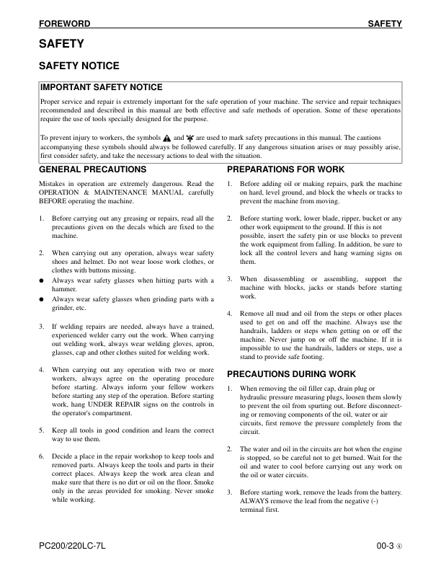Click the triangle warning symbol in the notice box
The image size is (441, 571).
[x=166, y=136]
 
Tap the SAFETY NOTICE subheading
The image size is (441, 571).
[x=79, y=66]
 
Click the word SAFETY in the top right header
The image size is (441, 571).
[x=385, y=24]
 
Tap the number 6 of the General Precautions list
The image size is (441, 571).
[x=42, y=456]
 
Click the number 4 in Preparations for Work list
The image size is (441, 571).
[x=229, y=314]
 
